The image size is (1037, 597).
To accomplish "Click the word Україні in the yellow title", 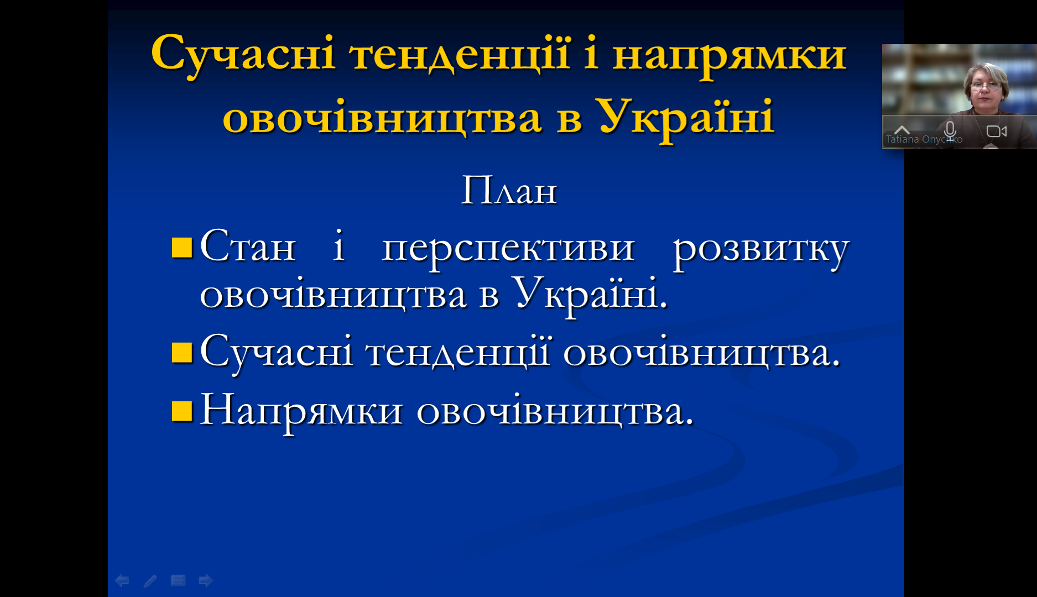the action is (686, 117).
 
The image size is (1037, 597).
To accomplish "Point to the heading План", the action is (509, 191).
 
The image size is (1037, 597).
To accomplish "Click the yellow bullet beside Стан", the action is (182, 248).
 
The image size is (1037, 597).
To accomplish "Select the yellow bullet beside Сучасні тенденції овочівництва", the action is (182, 353).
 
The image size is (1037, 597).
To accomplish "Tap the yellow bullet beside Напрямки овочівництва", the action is (182, 411).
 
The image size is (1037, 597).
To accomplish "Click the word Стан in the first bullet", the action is (248, 246).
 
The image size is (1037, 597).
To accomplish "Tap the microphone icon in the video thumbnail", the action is (950, 130).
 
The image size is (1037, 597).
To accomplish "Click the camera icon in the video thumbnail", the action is (997, 132).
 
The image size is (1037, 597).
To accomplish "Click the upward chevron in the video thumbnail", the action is (902, 130).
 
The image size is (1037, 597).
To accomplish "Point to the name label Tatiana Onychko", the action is (924, 139).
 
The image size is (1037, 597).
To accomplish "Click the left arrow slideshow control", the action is (122, 580).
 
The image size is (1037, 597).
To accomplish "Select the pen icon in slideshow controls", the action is (150, 580).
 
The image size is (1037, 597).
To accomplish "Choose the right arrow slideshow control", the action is (206, 580).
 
